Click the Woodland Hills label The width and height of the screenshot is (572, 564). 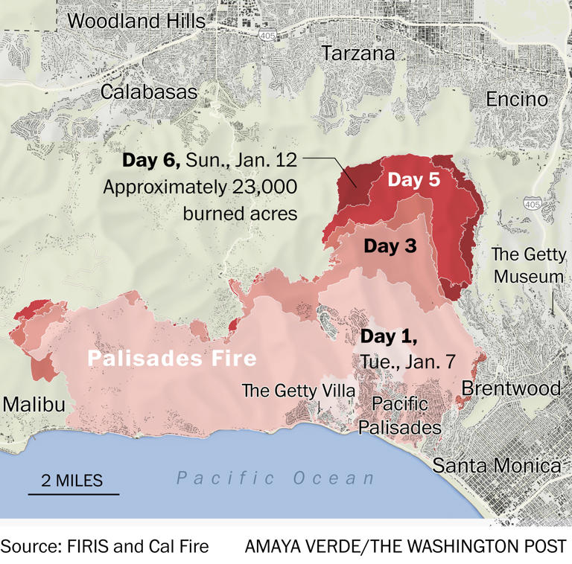(136, 22)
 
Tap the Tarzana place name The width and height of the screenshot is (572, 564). (357, 54)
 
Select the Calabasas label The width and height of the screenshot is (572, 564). (149, 92)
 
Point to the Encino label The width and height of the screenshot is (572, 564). (516, 99)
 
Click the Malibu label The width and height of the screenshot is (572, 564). (34, 404)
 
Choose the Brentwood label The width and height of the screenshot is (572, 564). (511, 388)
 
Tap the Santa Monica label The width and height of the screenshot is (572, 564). (497, 466)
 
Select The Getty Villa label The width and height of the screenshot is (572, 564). (299, 391)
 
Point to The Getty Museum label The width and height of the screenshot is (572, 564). (528, 266)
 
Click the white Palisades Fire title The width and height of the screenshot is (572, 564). (171, 359)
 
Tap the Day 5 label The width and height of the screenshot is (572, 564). (416, 179)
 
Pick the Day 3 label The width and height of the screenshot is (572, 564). (390, 246)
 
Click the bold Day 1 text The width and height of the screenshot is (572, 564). (389, 336)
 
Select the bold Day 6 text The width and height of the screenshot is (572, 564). (150, 160)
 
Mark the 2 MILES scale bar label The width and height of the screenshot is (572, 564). (72, 480)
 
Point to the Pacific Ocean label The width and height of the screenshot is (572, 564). (276, 478)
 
